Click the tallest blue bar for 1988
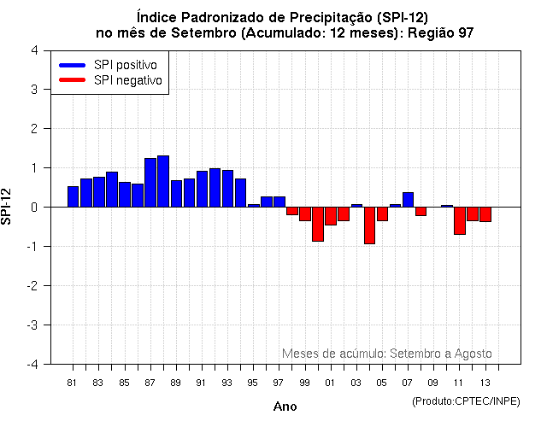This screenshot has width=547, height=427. [163, 181]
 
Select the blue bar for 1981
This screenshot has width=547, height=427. [73, 196]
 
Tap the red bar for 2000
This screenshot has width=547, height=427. [318, 224]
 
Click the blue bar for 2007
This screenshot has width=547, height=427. [408, 200]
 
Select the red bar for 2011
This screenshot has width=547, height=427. [460, 220]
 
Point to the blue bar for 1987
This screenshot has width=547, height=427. [150, 183]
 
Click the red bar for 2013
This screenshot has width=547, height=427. [485, 214]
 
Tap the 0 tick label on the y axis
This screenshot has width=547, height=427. [33, 208]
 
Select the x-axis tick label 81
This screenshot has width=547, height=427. [73, 382]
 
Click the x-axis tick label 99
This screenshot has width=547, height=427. [304, 382]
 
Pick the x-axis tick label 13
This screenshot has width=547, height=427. [485, 382]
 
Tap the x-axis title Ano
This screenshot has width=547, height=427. [285, 407]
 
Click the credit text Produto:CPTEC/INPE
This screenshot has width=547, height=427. [466, 401]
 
